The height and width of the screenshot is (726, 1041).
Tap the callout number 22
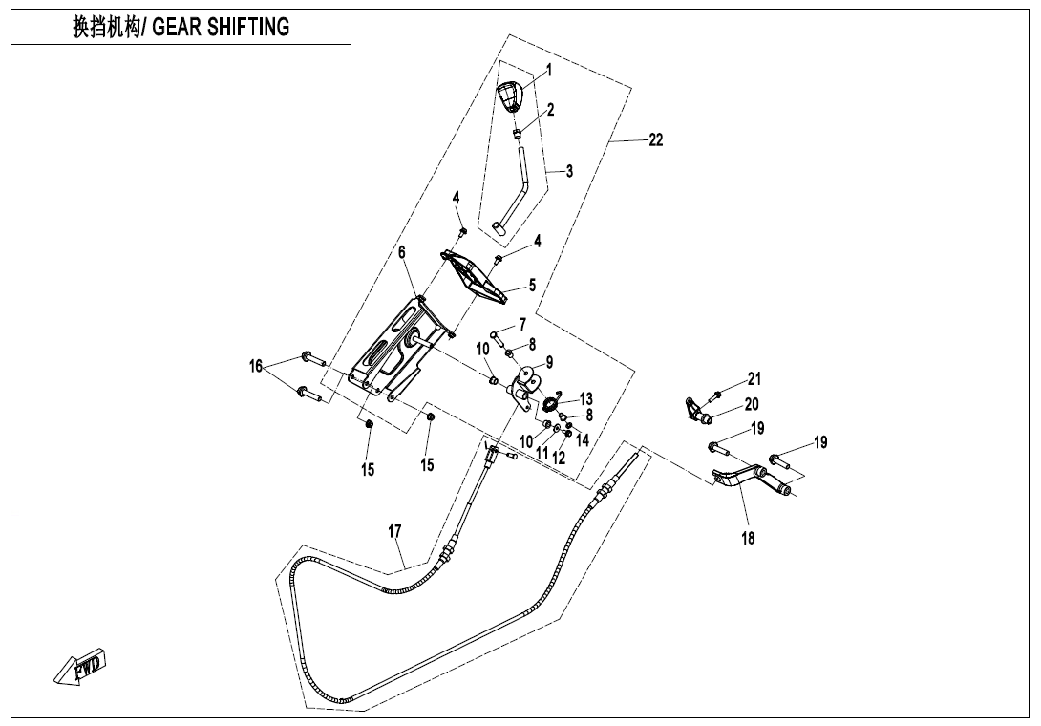pos(656,139)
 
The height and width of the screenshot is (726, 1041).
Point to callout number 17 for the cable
pos(394,531)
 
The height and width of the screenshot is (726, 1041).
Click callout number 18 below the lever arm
pos(748,539)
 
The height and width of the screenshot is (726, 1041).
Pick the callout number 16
pos(256,366)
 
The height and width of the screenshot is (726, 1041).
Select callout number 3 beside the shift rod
pos(569,172)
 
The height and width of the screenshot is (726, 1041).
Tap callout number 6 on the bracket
pos(402,251)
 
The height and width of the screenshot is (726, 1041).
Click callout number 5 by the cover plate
pos(533,285)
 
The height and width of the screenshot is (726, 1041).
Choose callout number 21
pos(754,379)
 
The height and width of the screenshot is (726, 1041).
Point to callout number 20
pos(752,404)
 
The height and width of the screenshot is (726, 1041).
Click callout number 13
pos(585,398)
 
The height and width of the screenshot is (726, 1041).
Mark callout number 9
pos(549,362)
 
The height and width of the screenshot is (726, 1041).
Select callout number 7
pos(522,324)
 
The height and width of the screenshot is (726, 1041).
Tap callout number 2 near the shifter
pos(550,110)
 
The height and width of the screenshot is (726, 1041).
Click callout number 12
pos(559,458)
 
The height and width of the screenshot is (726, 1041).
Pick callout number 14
pos(583,440)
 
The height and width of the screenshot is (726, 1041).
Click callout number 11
pos(542,454)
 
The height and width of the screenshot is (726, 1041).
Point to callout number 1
pos(549,70)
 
